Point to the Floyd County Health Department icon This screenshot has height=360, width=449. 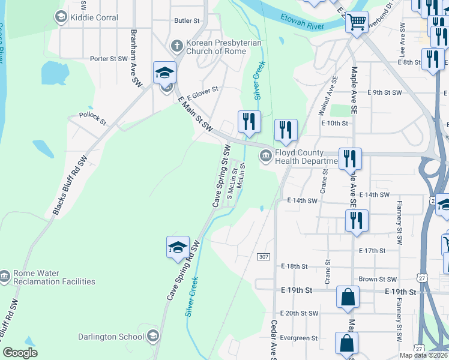(x=265, y=157)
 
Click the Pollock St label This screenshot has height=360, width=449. (x=92, y=118)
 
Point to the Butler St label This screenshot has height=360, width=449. (x=187, y=20)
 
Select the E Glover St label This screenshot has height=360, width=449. (x=202, y=92)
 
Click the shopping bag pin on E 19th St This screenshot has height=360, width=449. (x=348, y=298)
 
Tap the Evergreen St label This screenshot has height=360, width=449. (x=298, y=338)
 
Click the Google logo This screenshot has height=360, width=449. (x=20, y=353)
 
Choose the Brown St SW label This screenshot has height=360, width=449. (x=377, y=279)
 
